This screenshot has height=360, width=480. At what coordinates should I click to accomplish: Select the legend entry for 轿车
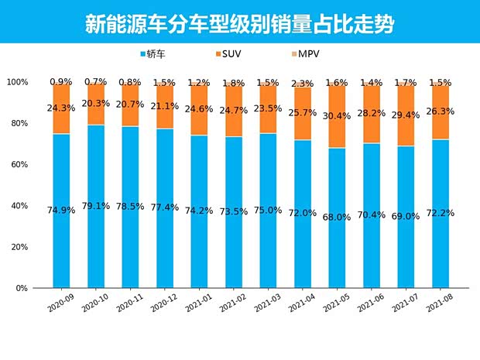point(156,54)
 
